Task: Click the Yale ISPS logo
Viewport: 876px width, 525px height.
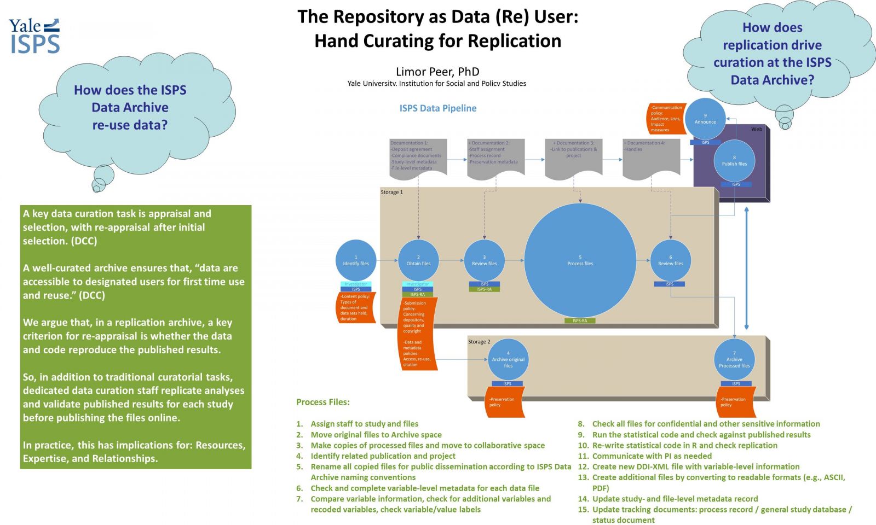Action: pos(34,36)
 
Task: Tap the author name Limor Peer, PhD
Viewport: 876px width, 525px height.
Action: pos(437,72)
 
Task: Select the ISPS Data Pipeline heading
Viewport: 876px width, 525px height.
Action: pos(437,108)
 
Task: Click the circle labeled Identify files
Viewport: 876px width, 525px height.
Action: pos(356,260)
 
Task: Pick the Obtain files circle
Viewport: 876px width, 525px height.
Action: pos(418,260)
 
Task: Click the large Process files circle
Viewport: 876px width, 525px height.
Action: pos(580,260)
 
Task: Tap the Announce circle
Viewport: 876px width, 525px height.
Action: pos(705,119)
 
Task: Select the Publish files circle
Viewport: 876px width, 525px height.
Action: pos(734,161)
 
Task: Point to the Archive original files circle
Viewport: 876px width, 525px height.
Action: pos(508,360)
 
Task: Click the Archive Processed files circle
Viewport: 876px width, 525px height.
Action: pos(734,360)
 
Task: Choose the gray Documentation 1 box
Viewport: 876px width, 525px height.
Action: pos(418,156)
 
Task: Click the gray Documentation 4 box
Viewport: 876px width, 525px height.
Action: pos(651,157)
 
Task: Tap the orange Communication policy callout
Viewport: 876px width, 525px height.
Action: pos(666,119)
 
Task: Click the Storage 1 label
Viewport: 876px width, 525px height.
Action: pos(391,192)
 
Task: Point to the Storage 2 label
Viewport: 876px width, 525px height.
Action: pos(479,342)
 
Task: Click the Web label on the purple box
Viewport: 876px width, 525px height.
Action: pos(756,130)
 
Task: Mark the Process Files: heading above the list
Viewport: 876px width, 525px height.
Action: pos(323,402)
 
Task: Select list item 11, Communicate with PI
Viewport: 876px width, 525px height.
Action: pos(652,456)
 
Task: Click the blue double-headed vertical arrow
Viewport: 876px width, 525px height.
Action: pos(746,268)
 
